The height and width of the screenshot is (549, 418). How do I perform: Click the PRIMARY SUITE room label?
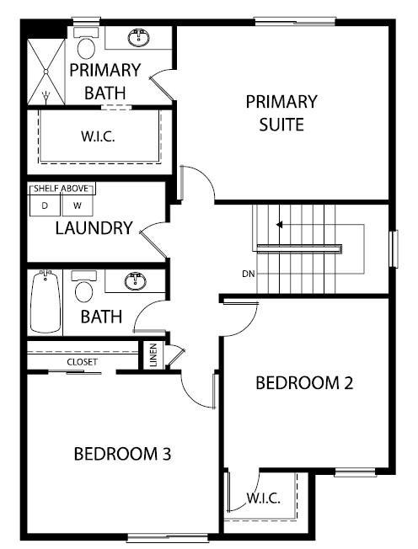click(x=281, y=113)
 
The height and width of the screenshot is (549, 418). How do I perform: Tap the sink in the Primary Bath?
click(x=139, y=38)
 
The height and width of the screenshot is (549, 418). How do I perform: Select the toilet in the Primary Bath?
click(x=86, y=44)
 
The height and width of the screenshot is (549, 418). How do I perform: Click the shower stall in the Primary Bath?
click(x=46, y=72)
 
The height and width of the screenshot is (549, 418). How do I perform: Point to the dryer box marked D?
click(x=45, y=205)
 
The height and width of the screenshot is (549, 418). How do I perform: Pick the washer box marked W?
click(x=78, y=205)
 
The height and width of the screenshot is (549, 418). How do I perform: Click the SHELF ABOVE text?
click(x=61, y=189)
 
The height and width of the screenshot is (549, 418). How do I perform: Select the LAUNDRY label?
click(x=94, y=228)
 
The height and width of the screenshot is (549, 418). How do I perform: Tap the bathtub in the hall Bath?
click(x=45, y=301)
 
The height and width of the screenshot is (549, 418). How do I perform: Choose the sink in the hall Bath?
click(x=136, y=280)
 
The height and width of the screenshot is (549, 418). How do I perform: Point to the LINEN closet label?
click(x=153, y=355)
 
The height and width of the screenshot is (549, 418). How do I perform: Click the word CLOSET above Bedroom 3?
click(x=83, y=362)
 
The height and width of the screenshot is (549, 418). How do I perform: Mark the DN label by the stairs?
click(x=249, y=274)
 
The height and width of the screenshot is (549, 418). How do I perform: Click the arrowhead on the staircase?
click(x=279, y=225)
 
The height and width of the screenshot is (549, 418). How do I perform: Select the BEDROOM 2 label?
click(x=304, y=383)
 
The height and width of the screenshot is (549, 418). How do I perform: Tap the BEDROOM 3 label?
click(x=123, y=454)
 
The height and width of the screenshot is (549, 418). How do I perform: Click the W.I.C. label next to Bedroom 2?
click(x=264, y=498)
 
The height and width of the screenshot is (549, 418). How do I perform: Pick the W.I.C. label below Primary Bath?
click(x=98, y=136)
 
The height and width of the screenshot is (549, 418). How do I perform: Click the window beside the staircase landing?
click(x=394, y=249)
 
